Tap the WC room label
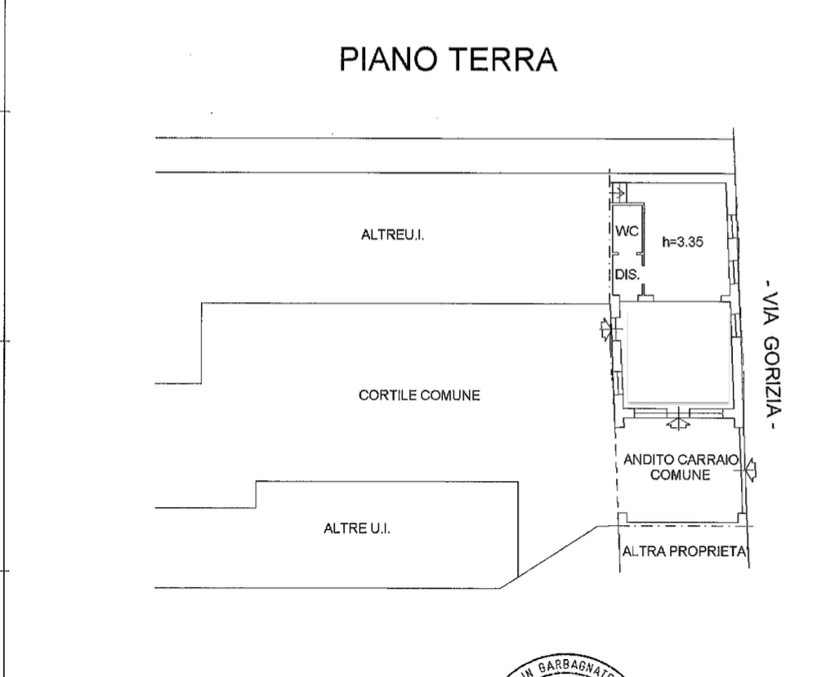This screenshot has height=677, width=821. [626, 233]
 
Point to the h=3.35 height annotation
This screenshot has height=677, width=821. [684, 242]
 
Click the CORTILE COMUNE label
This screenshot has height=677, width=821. [419, 396]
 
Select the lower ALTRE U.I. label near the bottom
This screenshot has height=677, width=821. [358, 528]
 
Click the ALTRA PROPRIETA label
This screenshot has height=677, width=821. [685, 551]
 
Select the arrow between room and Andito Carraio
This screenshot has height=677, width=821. [675, 424]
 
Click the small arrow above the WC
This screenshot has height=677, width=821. [618, 194]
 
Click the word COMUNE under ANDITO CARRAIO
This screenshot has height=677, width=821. [677, 475]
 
